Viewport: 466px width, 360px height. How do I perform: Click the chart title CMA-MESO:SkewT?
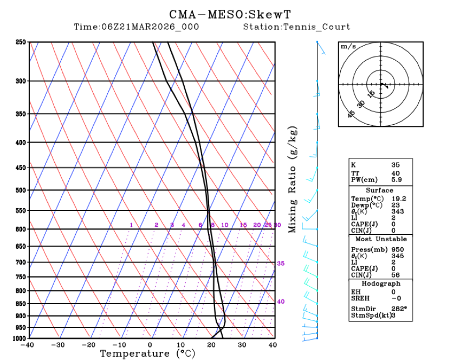point(233,14)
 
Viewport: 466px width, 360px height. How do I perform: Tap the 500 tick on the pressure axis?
point(21,190)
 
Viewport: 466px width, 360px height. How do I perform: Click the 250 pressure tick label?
point(21,42)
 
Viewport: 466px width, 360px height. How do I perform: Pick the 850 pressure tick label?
point(21,303)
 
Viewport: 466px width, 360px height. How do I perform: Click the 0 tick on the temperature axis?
point(150,344)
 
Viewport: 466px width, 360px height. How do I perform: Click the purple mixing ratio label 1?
point(131,225)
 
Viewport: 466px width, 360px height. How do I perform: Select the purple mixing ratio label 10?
point(225,225)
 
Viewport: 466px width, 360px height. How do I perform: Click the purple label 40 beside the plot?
point(281,301)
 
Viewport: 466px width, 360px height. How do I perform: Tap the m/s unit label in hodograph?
point(348,47)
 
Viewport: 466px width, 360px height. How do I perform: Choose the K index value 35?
point(396,165)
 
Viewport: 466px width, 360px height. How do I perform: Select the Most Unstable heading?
point(380,239)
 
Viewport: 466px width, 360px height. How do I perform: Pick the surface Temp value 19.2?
point(399,199)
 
